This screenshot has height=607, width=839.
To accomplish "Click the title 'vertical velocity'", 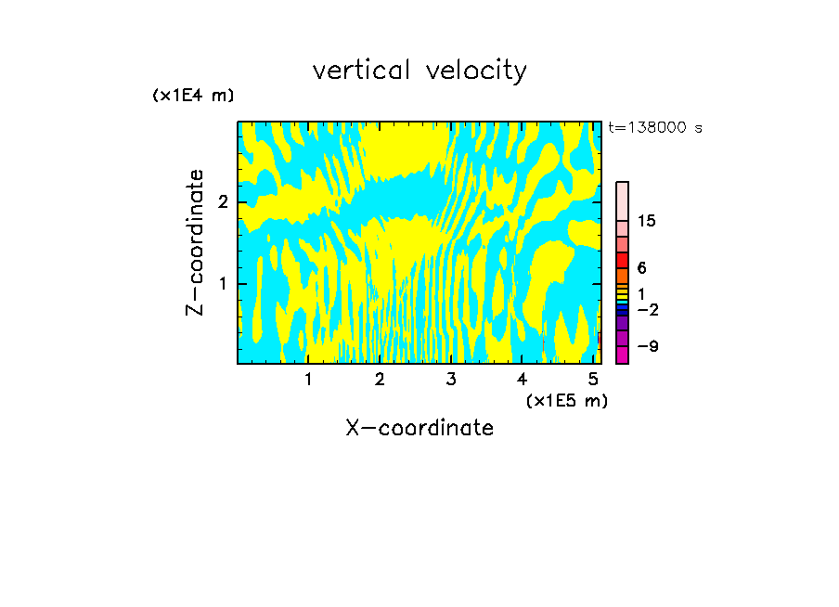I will [419, 71].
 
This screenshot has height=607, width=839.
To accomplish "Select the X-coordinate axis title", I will [419, 428].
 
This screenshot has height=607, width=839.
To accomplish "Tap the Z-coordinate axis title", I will [195, 242].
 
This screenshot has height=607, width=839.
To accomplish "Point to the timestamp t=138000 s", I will [655, 127].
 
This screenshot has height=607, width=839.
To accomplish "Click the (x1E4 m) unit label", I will [193, 96].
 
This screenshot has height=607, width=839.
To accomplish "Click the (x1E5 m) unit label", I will [566, 400].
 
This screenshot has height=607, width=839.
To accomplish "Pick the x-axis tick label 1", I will [308, 380].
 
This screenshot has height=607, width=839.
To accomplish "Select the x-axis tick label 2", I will [380, 380].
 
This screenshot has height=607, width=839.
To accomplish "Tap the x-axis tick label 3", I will [451, 380].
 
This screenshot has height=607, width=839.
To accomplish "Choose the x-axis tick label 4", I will [522, 380].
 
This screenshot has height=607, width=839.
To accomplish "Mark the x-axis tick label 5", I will [593, 380].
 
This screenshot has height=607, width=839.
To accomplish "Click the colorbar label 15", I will [647, 221].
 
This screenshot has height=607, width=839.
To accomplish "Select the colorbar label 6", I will [641, 267].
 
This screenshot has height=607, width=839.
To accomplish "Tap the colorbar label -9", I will [647, 346].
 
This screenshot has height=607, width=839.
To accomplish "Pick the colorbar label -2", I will [647, 309].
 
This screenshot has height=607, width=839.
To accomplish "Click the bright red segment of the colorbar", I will [622, 260].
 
